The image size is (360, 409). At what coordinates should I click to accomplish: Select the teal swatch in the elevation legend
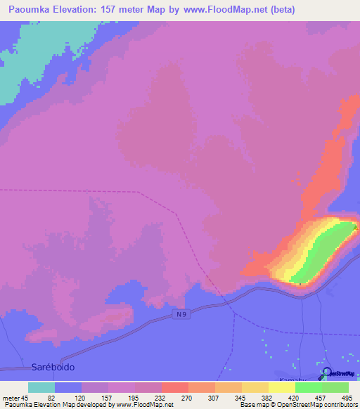click(41, 387)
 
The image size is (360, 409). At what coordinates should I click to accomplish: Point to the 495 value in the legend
click(347, 397)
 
